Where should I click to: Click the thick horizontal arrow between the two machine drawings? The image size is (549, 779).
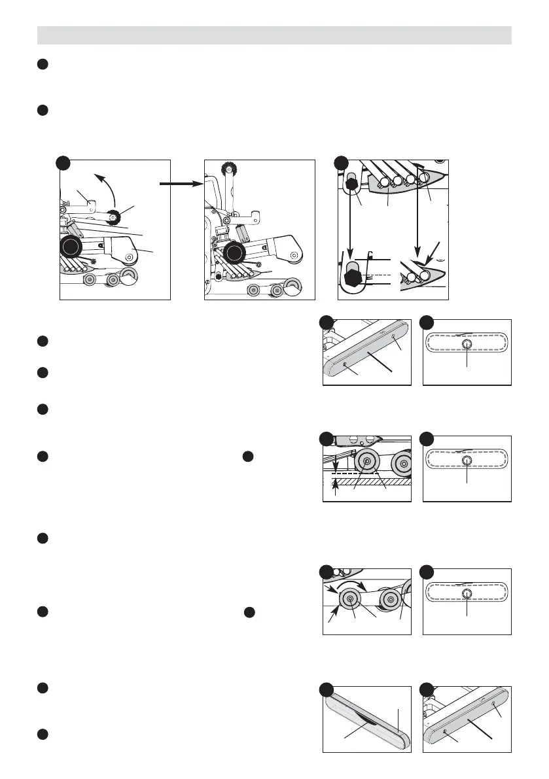[178, 184]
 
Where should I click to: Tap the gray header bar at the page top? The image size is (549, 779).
[274, 35]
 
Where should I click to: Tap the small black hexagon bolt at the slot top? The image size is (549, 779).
[353, 186]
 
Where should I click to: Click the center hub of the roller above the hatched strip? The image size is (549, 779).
[366, 462]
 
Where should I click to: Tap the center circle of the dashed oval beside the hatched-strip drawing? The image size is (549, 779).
[467, 461]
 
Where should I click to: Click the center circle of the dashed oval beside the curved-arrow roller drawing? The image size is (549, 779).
[467, 593]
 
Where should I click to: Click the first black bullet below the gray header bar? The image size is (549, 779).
[43, 64]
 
